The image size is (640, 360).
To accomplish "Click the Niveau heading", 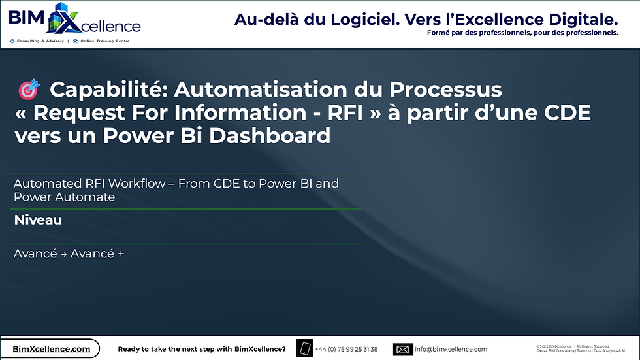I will tap(38, 220).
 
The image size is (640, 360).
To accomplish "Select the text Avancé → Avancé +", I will tap(69, 254).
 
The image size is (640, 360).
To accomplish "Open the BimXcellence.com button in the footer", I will tap(52, 349).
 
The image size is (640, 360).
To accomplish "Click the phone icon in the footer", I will tap(304, 349).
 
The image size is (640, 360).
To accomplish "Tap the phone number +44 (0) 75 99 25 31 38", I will tap(346, 349).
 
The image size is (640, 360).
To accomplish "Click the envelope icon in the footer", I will tap(402, 349).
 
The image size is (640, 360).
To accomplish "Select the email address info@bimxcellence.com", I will tap(451, 349).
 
